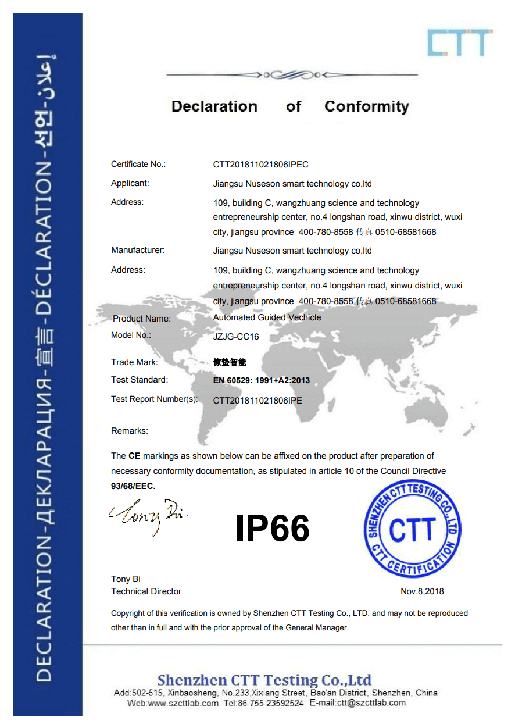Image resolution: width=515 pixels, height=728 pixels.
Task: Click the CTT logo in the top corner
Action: (x=459, y=42)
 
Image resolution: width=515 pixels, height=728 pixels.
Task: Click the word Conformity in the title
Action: (x=366, y=106)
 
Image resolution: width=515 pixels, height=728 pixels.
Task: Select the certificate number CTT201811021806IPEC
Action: (x=260, y=165)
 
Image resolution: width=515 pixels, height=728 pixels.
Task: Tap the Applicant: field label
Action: (x=130, y=183)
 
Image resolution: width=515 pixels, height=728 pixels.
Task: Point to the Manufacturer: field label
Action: (x=138, y=250)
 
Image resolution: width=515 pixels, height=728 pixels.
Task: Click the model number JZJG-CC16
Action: (x=236, y=337)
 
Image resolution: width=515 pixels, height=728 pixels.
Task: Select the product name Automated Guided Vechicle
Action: (x=267, y=317)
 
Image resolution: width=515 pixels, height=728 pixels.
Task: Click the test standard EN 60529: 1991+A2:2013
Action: (x=262, y=380)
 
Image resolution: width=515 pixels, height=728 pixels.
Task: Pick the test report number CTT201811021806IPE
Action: (x=257, y=400)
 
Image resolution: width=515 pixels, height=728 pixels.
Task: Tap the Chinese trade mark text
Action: (x=230, y=362)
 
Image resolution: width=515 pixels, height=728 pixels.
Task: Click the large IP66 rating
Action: (x=272, y=529)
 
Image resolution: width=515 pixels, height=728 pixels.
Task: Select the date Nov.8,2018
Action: (x=422, y=591)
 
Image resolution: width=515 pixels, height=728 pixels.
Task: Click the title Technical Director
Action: (x=146, y=591)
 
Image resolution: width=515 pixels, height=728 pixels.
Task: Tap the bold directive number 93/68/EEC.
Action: (x=133, y=486)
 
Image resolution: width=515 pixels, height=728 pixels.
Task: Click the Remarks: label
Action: (x=130, y=431)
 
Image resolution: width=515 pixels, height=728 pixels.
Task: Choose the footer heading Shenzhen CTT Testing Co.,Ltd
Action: (x=264, y=680)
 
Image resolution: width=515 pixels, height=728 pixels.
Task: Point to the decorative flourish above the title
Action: (x=291, y=75)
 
